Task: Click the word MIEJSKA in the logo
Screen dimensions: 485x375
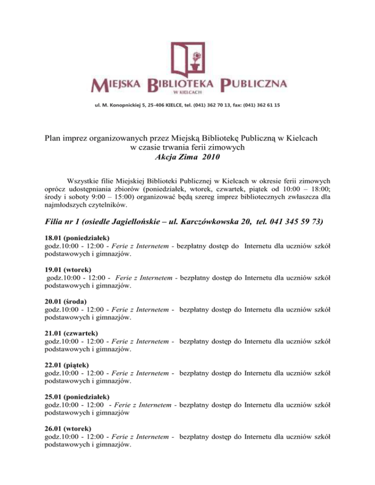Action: [116, 86]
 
